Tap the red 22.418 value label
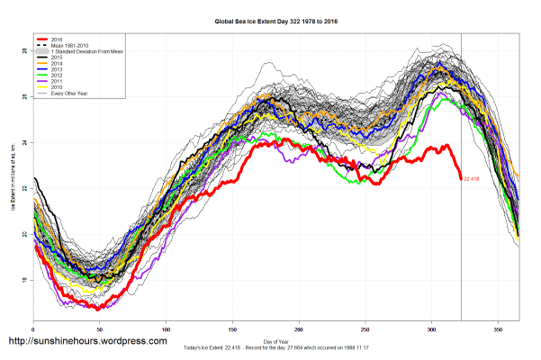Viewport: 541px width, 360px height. (x=474, y=179)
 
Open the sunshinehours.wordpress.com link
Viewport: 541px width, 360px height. (x=87, y=342)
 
